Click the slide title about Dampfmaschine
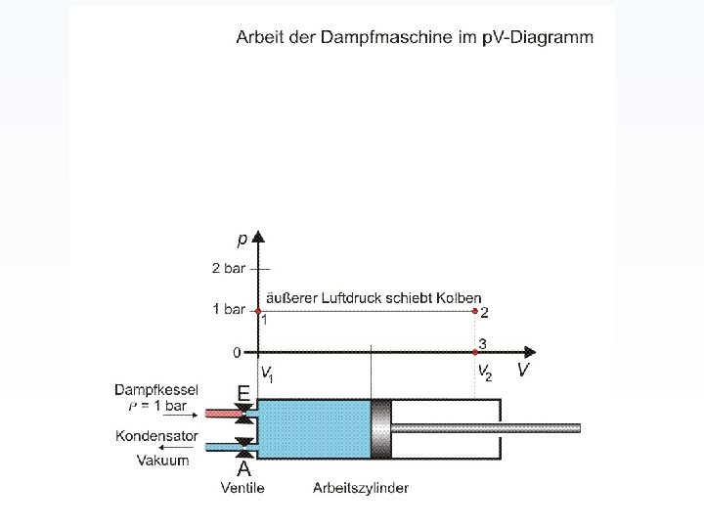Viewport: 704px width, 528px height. pyautogui.click(x=414, y=37)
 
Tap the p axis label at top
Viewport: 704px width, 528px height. pyautogui.click(x=242, y=240)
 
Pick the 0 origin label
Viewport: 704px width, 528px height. pyautogui.click(x=236, y=351)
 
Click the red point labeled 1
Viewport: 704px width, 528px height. pyautogui.click(x=257, y=310)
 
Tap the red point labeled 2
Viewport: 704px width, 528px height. pyautogui.click(x=475, y=310)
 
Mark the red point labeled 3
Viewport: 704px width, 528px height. pyautogui.click(x=475, y=352)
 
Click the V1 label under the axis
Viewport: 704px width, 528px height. pyautogui.click(x=267, y=373)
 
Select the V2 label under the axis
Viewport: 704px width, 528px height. pyautogui.click(x=484, y=373)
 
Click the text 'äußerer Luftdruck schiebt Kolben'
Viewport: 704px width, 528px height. pyautogui.click(x=371, y=297)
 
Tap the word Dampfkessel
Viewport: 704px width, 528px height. pyautogui.click(x=156, y=389)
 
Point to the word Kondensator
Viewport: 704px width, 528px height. pyautogui.click(x=156, y=436)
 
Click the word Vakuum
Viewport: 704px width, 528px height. pyautogui.click(x=163, y=460)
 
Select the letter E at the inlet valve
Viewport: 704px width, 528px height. pyautogui.click(x=243, y=391)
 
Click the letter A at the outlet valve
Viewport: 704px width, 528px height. pyautogui.click(x=243, y=469)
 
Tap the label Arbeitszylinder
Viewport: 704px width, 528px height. pyautogui.click(x=361, y=487)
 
